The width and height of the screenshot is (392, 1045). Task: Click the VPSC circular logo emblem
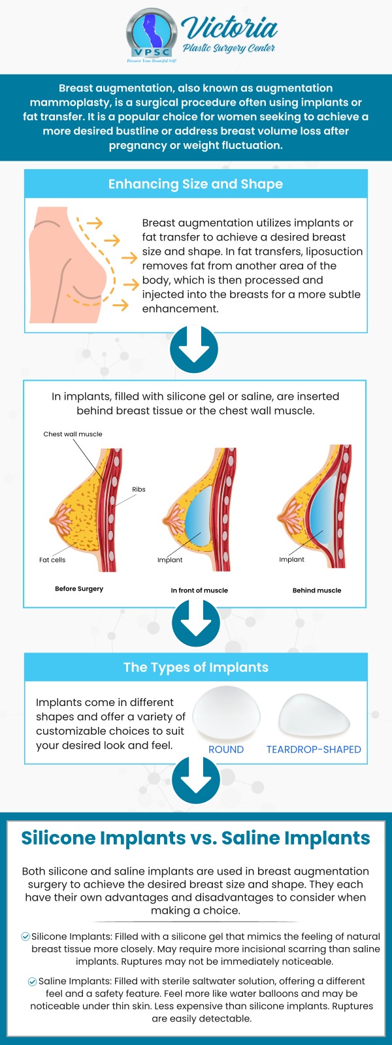pos(152,33)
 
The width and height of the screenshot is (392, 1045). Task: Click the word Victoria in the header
pos(231,27)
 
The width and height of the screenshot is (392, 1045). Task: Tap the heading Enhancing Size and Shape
pos(195,184)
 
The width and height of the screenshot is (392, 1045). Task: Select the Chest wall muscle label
pos(73,434)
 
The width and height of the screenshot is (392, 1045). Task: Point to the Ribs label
pos(139,489)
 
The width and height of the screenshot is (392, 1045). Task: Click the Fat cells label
pos(52,560)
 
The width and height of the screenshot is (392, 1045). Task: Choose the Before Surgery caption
pos(79,588)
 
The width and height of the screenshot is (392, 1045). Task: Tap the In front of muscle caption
pos(199,590)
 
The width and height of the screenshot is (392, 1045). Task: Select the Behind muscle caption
pos(317,590)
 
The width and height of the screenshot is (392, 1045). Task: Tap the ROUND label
pos(226,749)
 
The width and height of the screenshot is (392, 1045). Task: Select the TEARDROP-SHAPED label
pos(314,749)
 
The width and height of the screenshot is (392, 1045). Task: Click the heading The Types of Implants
pos(196,667)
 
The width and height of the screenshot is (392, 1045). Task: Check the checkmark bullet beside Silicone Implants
pos(25,937)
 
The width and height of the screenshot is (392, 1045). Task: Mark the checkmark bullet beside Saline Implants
pos(32,981)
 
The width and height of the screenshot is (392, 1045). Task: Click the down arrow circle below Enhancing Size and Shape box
pos(194,349)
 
